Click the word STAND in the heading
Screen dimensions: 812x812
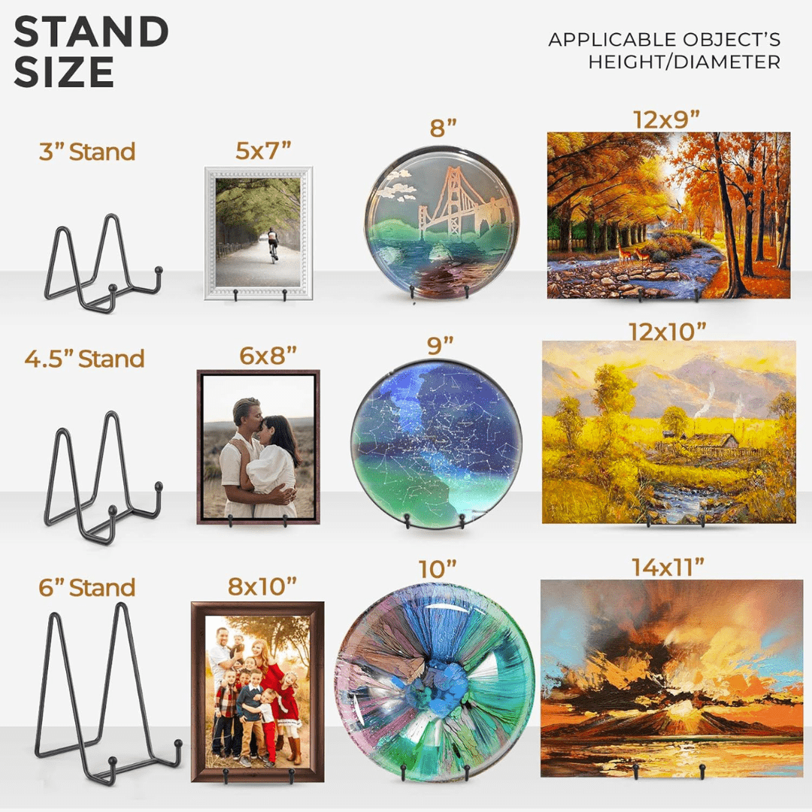coord(91,32)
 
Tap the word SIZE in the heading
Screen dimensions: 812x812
coord(64,71)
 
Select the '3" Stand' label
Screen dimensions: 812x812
coord(87,152)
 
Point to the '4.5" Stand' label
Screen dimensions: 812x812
coord(84,359)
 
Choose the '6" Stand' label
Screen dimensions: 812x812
coord(87,588)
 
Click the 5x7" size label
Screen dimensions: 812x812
coord(263,150)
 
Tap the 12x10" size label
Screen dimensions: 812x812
coord(668,332)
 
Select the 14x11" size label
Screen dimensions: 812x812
coord(668,567)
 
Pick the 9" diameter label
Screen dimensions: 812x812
coord(440,345)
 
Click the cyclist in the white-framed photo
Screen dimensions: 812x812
coord(273,244)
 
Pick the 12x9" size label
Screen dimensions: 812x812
coord(666,120)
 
